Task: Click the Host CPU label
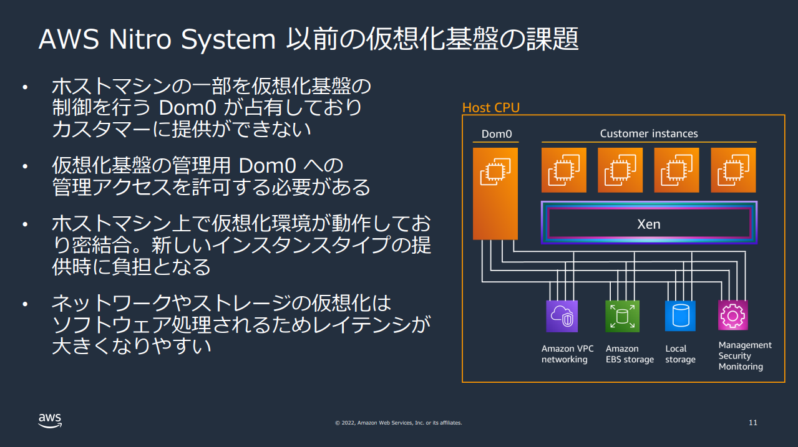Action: click(x=490, y=108)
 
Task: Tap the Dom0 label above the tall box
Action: click(x=496, y=134)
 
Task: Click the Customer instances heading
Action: click(x=648, y=133)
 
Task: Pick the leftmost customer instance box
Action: click(x=563, y=170)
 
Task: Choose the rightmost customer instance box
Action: click(x=733, y=170)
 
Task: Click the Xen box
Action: click(x=649, y=223)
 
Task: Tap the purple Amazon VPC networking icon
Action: click(x=562, y=316)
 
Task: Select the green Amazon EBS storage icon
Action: click(x=622, y=316)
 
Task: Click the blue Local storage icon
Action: click(x=679, y=316)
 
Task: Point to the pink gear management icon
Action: click(x=732, y=315)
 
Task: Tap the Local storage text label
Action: click(x=679, y=354)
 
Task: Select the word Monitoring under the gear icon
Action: click(x=741, y=367)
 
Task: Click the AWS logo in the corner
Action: click(x=50, y=421)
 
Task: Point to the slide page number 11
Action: click(x=752, y=423)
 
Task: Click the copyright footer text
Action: click(x=398, y=423)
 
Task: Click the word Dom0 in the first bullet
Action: click(x=187, y=107)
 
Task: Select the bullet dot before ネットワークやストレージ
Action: click(x=25, y=305)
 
